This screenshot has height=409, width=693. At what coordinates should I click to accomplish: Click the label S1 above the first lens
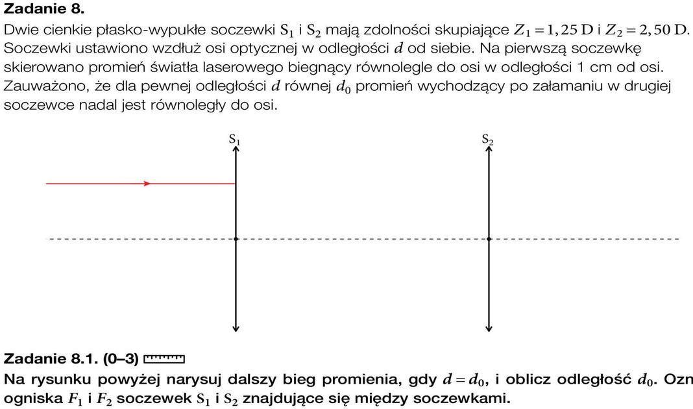tap(234, 140)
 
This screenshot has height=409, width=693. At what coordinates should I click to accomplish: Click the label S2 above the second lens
tap(488, 140)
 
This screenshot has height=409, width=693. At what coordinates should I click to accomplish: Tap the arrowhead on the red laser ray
tap(147, 184)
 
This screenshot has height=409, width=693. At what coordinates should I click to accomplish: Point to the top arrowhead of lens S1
tap(236, 150)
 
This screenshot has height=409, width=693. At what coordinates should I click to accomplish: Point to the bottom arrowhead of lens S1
tap(236, 327)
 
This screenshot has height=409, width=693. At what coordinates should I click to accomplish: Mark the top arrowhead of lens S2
tap(489, 150)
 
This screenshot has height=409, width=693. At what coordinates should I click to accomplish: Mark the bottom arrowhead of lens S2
tap(489, 327)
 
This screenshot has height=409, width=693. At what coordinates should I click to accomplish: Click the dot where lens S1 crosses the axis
tap(236, 239)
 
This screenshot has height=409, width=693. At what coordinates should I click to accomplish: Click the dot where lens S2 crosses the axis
tap(489, 239)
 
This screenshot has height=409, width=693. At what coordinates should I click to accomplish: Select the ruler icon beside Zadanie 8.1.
tap(164, 358)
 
